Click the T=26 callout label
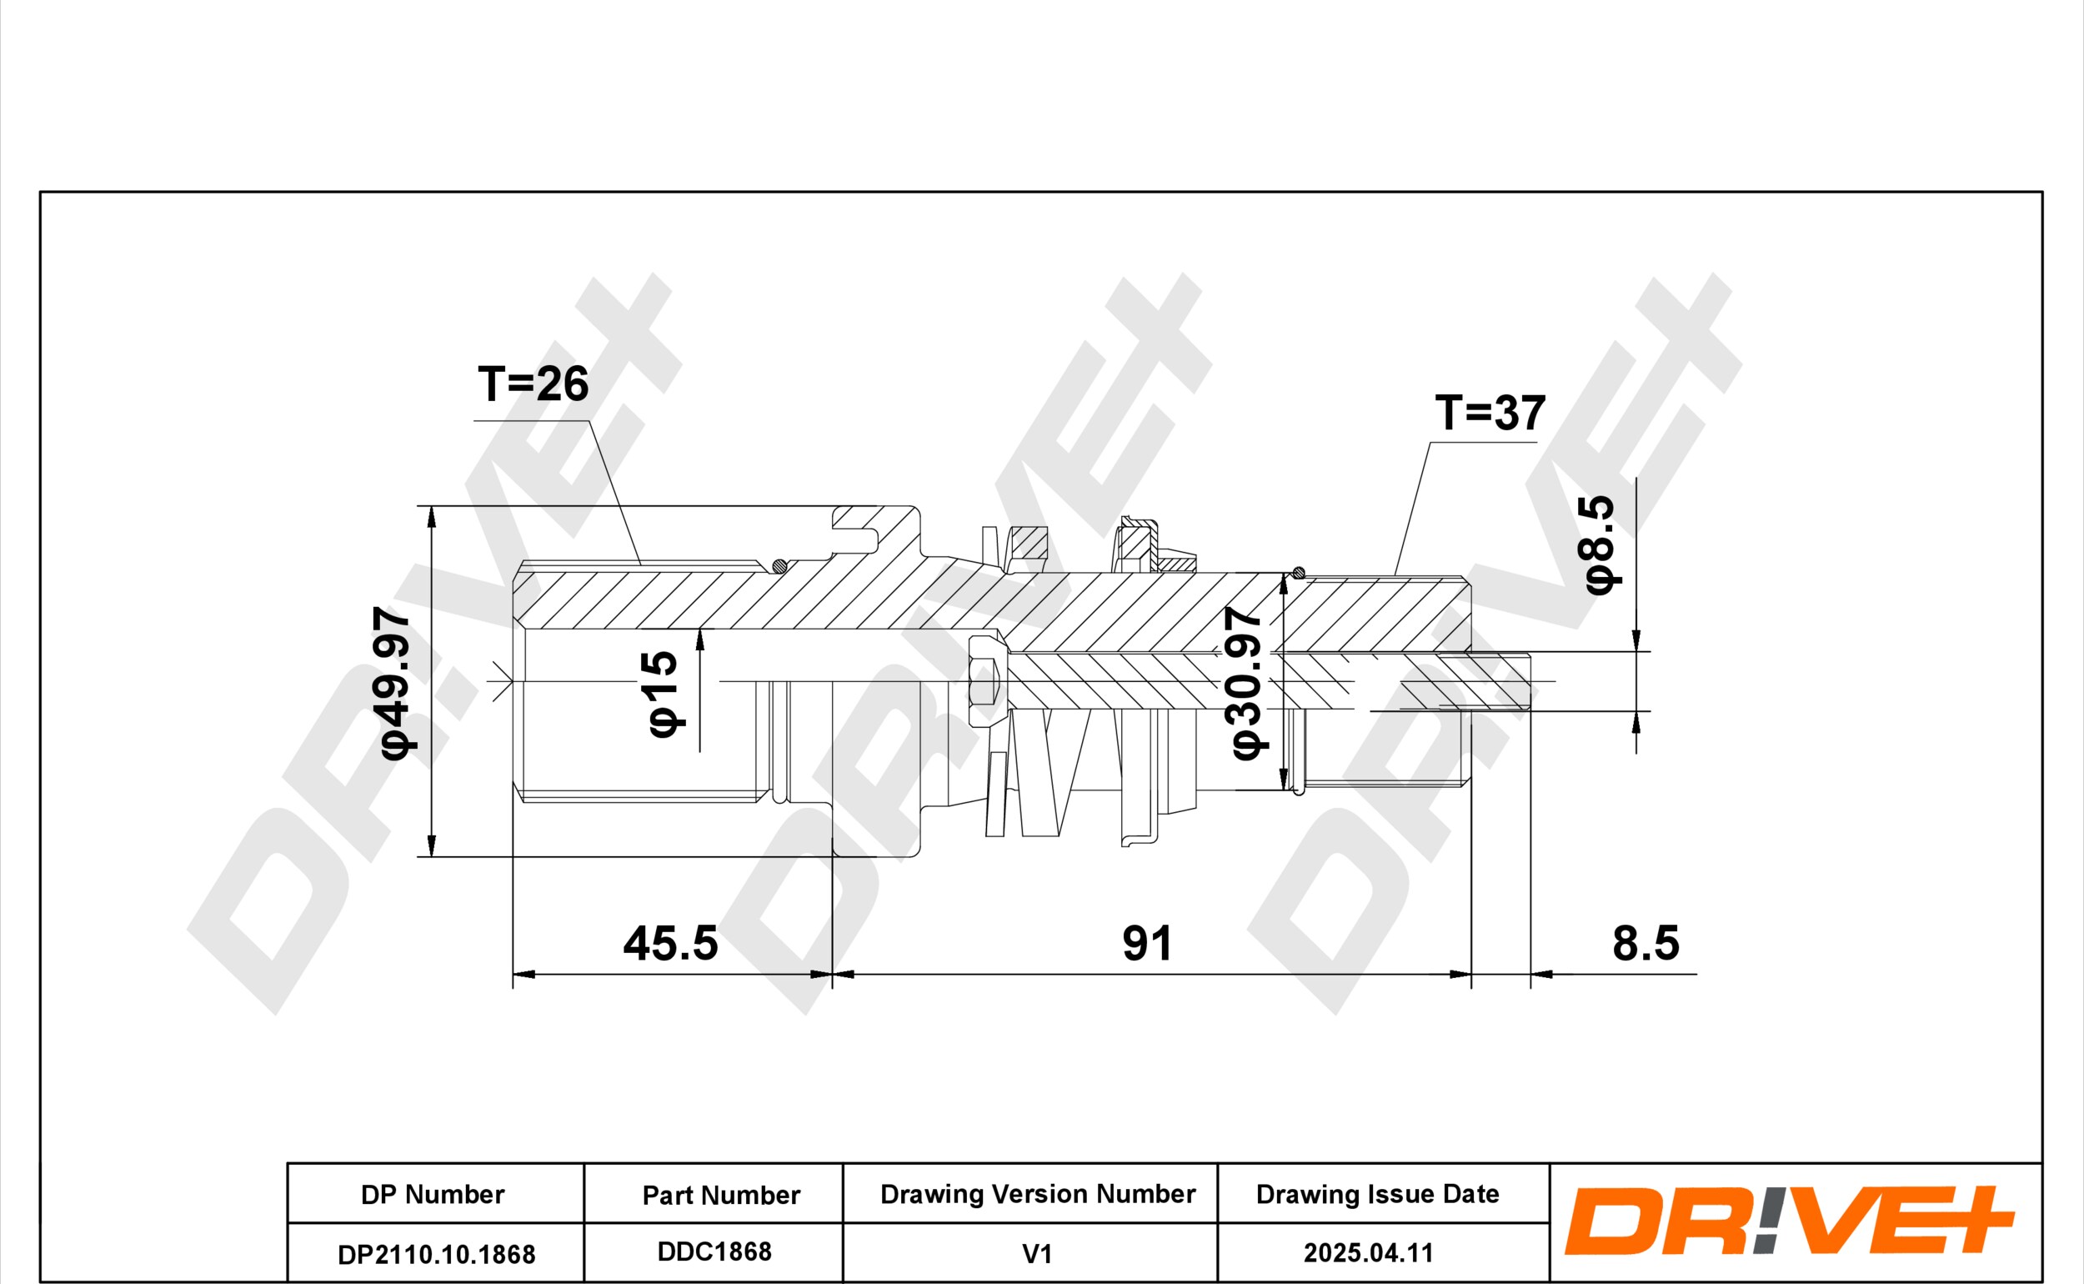534,384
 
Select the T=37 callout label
1490,414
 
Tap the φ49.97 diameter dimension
397,683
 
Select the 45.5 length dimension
670,944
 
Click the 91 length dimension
1148,944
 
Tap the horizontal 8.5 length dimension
1646,944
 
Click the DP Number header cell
433,1195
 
